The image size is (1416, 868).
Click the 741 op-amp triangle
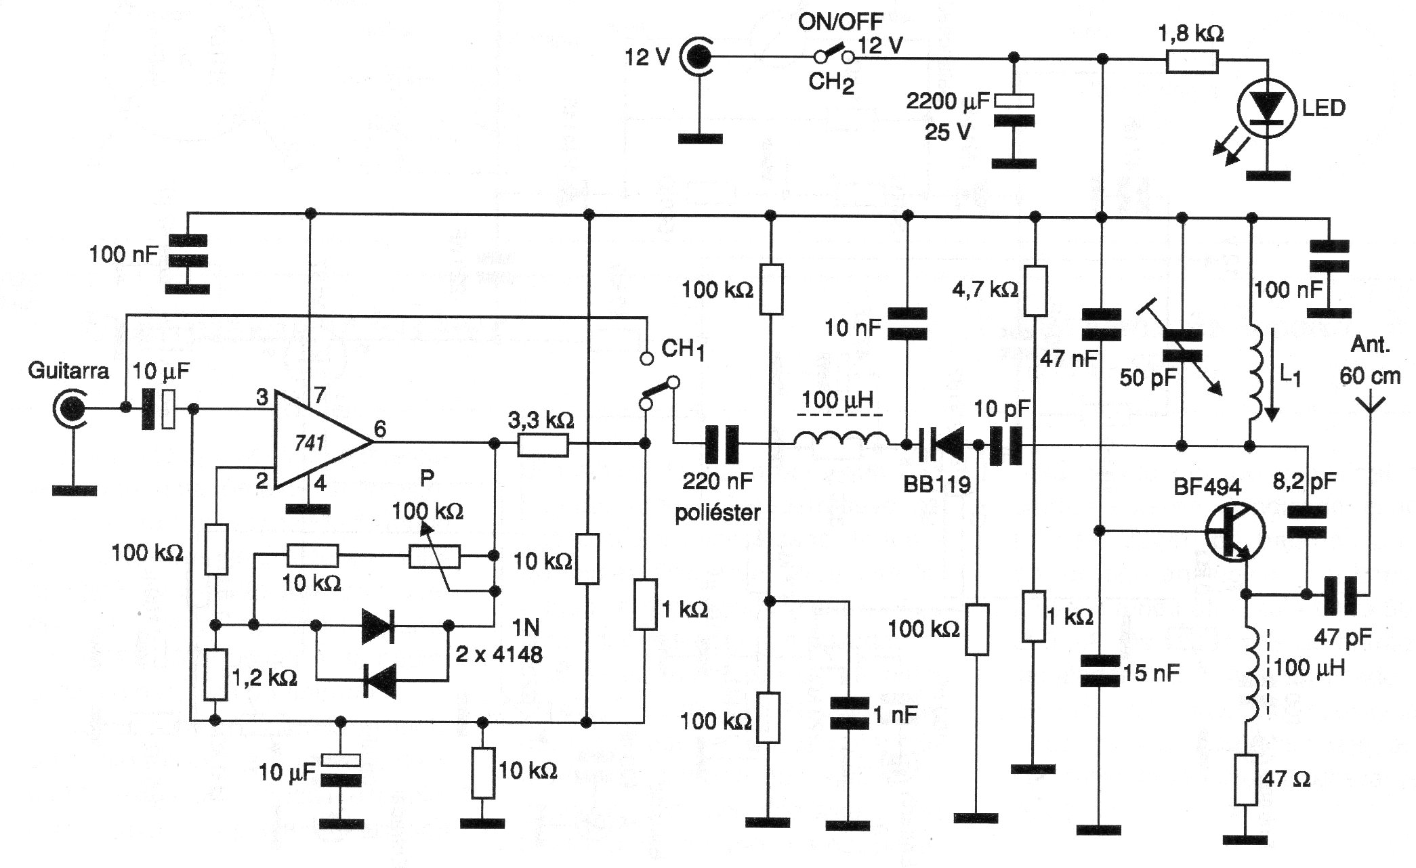coord(322,442)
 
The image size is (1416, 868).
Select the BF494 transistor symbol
coord(1235,532)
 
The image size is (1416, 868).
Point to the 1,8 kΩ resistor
coord(1192,62)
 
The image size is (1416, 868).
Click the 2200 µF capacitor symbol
coord(1014,110)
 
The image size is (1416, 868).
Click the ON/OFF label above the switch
coord(840,22)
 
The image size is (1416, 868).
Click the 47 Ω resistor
coord(1246,779)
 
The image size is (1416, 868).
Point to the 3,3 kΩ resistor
coord(543,444)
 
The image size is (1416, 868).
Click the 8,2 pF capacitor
coord(1306,522)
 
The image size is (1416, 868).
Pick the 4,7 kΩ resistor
coord(1035,290)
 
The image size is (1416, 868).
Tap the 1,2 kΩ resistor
coord(215,674)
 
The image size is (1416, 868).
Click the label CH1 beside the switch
coord(682,350)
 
